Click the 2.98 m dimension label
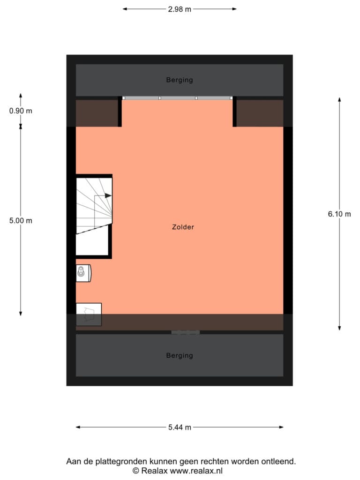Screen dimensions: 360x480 pyautogui.click(x=180, y=9)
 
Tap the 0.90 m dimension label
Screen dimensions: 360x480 pyautogui.click(x=21, y=111)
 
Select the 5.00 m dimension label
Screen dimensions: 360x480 pyautogui.click(x=21, y=220)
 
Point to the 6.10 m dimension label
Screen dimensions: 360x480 pyautogui.click(x=339, y=214)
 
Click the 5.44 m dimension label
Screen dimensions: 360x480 pyautogui.click(x=180, y=427)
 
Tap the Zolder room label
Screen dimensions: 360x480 pyautogui.click(x=183, y=227)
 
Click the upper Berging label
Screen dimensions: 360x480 pyautogui.click(x=180, y=80)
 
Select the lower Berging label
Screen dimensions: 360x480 pyautogui.click(x=180, y=355)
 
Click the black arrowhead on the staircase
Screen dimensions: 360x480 pyautogui.click(x=108, y=195)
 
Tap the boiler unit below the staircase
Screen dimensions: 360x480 pyautogui.click(x=83, y=273)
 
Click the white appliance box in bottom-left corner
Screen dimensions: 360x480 pyautogui.click(x=89, y=315)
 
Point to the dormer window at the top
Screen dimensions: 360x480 pyautogui.click(x=178, y=98)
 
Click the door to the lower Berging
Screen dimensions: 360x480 pyautogui.click(x=186, y=332)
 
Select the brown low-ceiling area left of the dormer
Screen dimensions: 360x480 pyautogui.click(x=97, y=113)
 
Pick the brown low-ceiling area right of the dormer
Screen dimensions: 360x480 pyautogui.click(x=260, y=113)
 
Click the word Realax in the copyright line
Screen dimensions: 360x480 pyautogui.click(x=154, y=471)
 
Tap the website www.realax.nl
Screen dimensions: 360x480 pyautogui.click(x=196, y=471)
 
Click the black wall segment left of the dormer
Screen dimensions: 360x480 pyautogui.click(x=120, y=112)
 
